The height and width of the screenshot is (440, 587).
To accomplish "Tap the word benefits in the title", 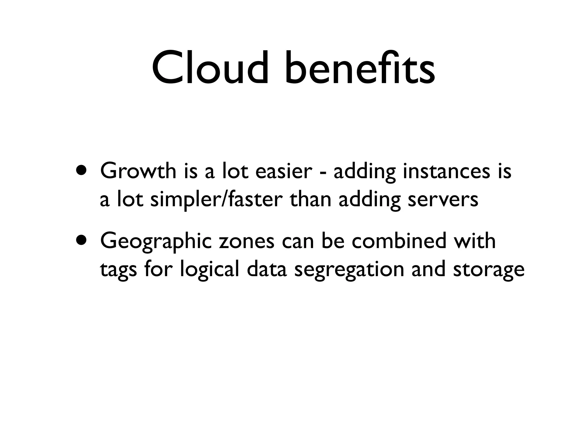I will tap(359, 68).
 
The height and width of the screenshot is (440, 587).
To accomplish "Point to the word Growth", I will tap(138, 171).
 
